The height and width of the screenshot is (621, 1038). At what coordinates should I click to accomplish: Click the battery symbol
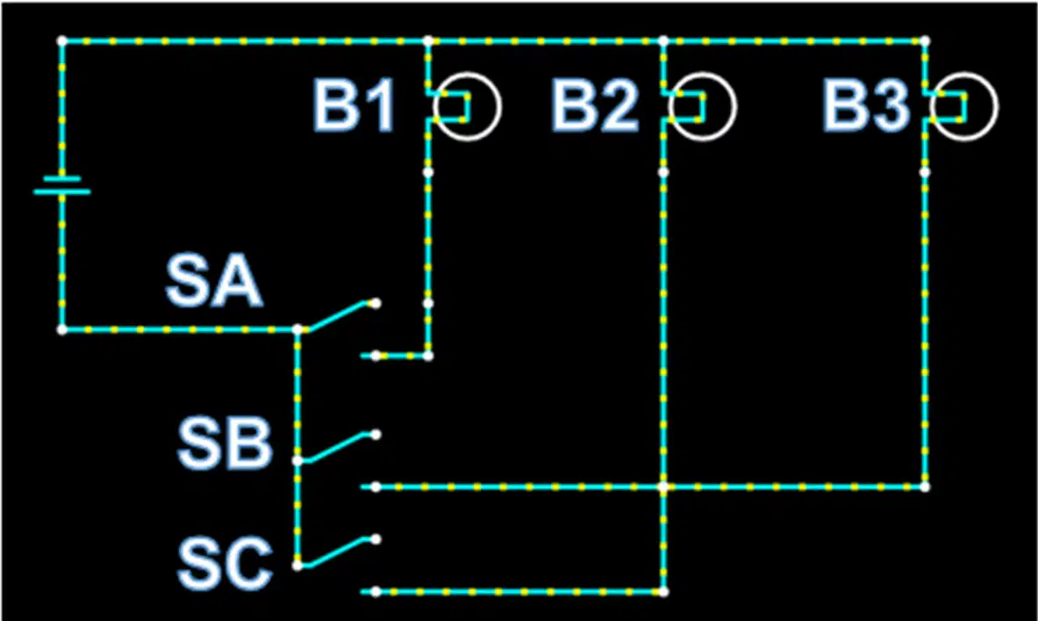(x=62, y=185)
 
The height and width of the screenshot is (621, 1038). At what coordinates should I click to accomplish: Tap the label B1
(x=354, y=105)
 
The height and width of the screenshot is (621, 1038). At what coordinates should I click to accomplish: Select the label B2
(x=595, y=105)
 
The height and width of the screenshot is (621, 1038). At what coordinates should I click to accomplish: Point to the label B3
(x=865, y=105)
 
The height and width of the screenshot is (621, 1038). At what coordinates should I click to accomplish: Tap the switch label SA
(x=214, y=282)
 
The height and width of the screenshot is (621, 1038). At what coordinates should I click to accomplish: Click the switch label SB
(x=225, y=444)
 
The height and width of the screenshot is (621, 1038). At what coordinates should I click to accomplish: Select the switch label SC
(x=225, y=564)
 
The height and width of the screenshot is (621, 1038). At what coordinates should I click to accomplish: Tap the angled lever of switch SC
(x=336, y=552)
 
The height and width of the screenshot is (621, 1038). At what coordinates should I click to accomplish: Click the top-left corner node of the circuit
(x=62, y=41)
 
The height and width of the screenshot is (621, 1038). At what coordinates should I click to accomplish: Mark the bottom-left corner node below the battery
(x=62, y=329)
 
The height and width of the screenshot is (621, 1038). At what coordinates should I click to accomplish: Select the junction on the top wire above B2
(x=663, y=41)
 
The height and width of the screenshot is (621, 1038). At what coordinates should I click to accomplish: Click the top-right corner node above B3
(x=925, y=41)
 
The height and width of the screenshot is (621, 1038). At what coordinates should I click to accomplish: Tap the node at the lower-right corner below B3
(x=925, y=487)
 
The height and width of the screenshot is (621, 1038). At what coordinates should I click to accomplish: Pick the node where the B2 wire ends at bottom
(x=663, y=592)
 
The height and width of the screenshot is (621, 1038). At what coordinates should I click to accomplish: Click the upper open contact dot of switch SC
(x=376, y=539)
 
